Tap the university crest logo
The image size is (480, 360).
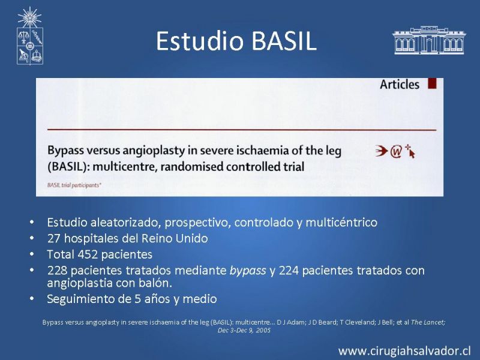pyautogui.click(x=29, y=36)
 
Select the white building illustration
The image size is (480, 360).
pyautogui.click(x=428, y=40)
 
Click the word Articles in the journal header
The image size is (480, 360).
pyautogui.click(x=400, y=85)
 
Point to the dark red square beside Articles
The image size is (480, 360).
pyautogui.click(x=432, y=83)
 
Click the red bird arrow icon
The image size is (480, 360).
pyautogui.click(x=382, y=151)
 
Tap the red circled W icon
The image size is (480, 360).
pyautogui.click(x=396, y=152)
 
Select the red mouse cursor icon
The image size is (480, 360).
pyautogui.click(x=410, y=151)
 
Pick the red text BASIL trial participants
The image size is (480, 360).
pyautogui.click(x=74, y=185)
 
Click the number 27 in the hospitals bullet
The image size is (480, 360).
pyautogui.click(x=54, y=238)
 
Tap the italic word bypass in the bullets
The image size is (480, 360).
pyautogui.click(x=248, y=271)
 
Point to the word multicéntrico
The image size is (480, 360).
pyautogui.click(x=341, y=222)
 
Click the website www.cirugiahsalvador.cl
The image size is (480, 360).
pyautogui.click(x=404, y=351)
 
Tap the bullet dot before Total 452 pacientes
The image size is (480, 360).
pyautogui.click(x=32, y=254)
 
